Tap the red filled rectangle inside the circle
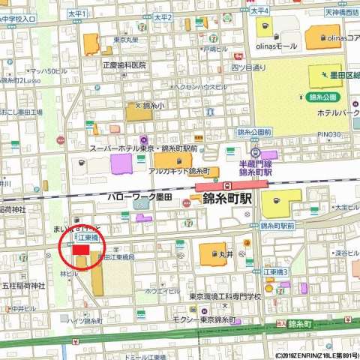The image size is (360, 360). coord(79,248)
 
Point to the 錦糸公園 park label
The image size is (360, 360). coord(324,97)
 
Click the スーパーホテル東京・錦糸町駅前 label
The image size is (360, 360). coord(143,148)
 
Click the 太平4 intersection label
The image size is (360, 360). coord(259,11)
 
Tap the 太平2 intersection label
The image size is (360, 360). coord(163,16)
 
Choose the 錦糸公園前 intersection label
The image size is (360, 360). coord(254,132)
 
